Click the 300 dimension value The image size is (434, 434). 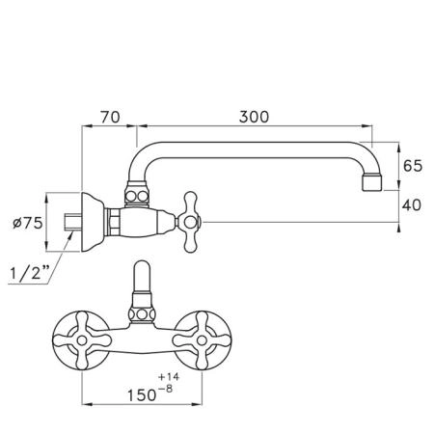[254, 117]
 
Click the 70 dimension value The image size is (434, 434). [110, 117]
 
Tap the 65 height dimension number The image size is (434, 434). [413, 166]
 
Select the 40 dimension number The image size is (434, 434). [412, 205]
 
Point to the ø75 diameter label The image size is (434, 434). [28, 223]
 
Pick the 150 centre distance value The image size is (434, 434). [142, 395]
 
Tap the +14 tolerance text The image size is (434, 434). [169, 377]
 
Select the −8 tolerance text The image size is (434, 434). [165, 389]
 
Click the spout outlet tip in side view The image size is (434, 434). [372, 182]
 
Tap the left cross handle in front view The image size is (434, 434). [82, 340]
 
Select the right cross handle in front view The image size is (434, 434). [202, 340]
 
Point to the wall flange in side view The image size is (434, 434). [92, 222]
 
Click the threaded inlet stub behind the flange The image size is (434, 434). [72, 222]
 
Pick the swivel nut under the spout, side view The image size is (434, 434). [137, 195]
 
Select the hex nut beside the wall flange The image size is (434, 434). [114, 222]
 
